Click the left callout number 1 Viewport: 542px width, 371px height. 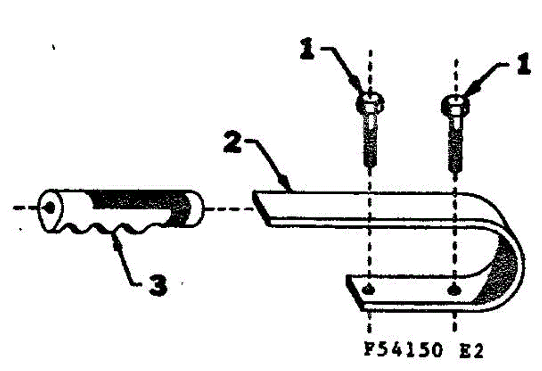click(x=307, y=48)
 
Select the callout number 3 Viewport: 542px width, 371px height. click(x=158, y=286)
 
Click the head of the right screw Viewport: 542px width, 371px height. click(x=455, y=107)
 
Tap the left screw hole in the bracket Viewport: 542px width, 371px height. click(x=368, y=290)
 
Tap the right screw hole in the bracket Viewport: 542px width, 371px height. click(x=453, y=290)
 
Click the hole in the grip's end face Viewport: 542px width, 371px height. click(x=50, y=207)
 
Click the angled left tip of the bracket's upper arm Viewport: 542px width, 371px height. click(x=260, y=208)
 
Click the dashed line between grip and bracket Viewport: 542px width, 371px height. click(x=229, y=209)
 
